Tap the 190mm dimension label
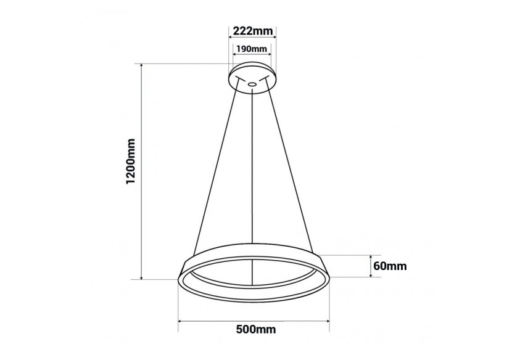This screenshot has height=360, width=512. [x=252, y=49]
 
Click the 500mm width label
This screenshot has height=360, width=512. [x=255, y=330]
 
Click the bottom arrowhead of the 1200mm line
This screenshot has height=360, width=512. [x=142, y=277]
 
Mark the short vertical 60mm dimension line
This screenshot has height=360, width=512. [x=370, y=266]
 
